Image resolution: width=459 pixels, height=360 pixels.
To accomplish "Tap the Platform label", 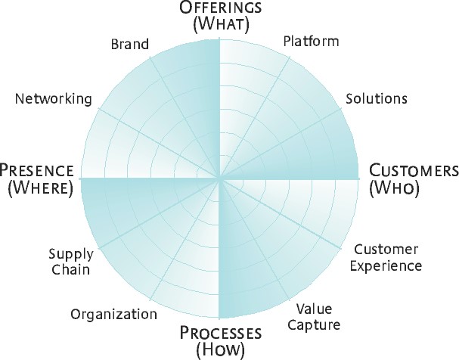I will point(311,41).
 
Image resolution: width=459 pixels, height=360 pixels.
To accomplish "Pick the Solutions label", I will point(377,99).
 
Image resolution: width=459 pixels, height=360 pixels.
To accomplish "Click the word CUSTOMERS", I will point(413,170).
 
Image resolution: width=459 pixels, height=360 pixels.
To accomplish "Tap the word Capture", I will point(318,325).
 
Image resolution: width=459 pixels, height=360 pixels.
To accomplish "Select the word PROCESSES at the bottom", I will point(220,334).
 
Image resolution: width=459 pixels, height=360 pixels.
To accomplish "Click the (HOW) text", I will point(220,350).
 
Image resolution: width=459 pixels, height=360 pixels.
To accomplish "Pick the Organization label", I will point(113,314).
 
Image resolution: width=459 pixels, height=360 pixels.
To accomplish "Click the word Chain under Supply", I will point(70,270).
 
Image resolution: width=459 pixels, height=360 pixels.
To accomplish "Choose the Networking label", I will point(54,99).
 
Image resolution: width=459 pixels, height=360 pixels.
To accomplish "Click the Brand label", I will point(130,45).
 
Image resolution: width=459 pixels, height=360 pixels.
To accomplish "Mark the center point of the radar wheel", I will point(219,179).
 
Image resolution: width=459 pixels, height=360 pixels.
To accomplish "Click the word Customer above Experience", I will point(386,250).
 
